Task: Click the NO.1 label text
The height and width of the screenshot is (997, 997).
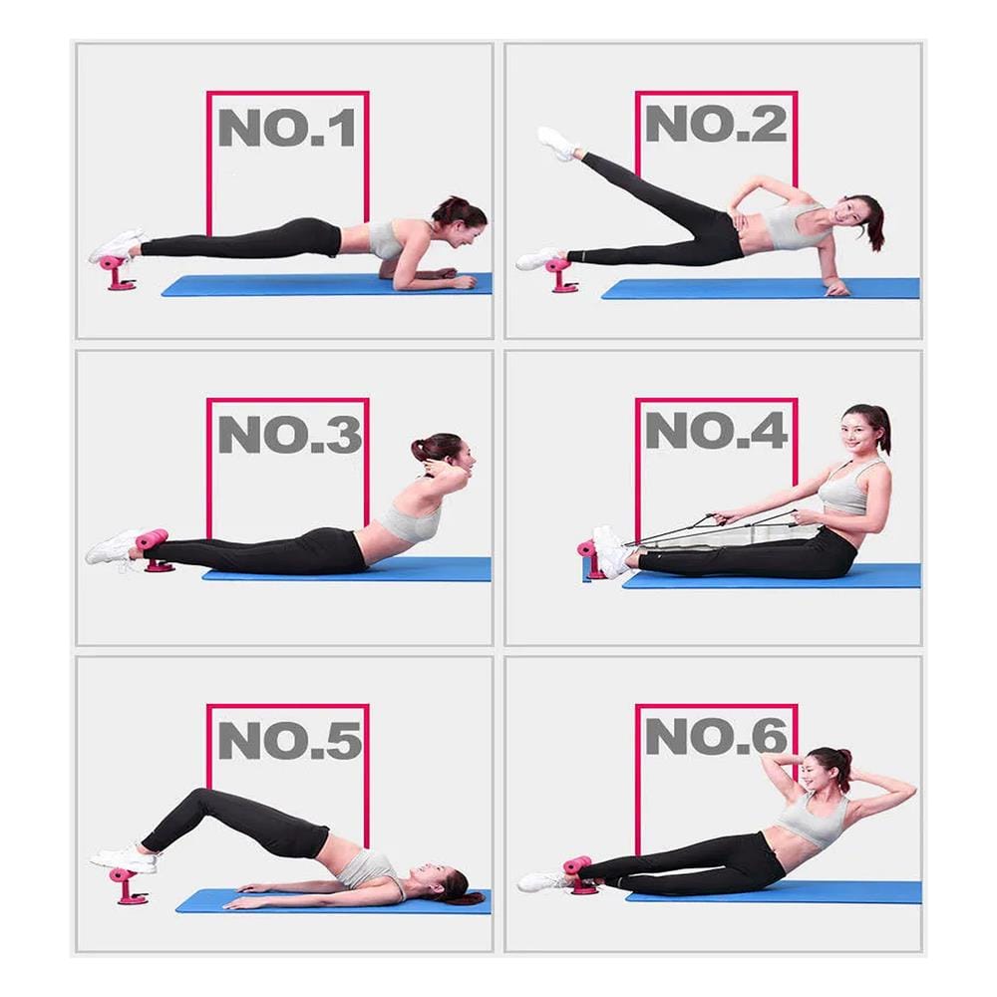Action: tap(287, 128)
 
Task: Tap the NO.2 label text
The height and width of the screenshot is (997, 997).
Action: tap(716, 124)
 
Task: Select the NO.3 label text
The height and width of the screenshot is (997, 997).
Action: tap(290, 435)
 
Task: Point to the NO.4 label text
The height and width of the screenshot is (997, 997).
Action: tap(717, 431)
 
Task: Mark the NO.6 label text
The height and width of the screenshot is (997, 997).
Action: tap(717, 737)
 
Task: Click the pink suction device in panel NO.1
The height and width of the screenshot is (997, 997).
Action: tap(116, 271)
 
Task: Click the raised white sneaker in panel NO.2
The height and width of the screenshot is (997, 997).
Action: tap(557, 143)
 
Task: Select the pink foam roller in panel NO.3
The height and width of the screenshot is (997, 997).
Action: tap(152, 539)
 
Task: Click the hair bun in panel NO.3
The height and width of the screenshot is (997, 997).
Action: tap(420, 450)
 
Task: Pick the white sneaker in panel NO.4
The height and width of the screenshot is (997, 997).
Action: tap(611, 551)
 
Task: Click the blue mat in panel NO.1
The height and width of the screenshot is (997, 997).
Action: tap(327, 285)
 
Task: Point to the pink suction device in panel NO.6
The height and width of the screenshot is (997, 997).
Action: tap(579, 874)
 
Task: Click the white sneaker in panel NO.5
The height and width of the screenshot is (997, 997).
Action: tap(125, 859)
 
